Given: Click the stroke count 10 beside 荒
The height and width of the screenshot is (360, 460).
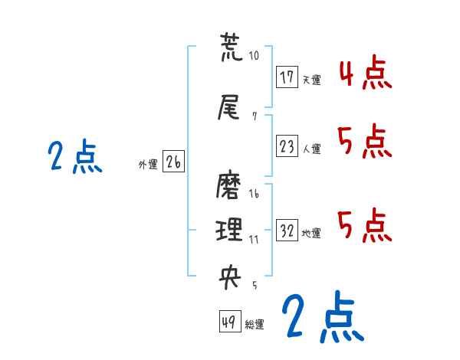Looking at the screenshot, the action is pyautogui.click(x=255, y=56).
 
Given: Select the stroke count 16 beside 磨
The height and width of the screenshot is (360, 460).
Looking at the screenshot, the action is pyautogui.click(x=254, y=195).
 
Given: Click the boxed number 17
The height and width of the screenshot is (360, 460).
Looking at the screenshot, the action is pyautogui.click(x=287, y=77).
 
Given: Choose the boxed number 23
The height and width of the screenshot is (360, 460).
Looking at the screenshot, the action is pyautogui.click(x=287, y=147).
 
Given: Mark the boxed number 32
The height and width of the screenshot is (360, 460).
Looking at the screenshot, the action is pyautogui.click(x=287, y=231).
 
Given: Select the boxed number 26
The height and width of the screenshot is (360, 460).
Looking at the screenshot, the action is pyautogui.click(x=173, y=162).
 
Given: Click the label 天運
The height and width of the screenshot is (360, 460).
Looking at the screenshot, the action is pyautogui.click(x=311, y=80).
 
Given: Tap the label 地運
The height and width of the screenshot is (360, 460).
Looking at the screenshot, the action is pyautogui.click(x=311, y=234).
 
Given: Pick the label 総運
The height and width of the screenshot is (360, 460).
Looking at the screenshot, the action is pyautogui.click(x=255, y=325).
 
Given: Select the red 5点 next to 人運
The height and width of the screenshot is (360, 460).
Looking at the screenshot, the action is pyautogui.click(x=364, y=142).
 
